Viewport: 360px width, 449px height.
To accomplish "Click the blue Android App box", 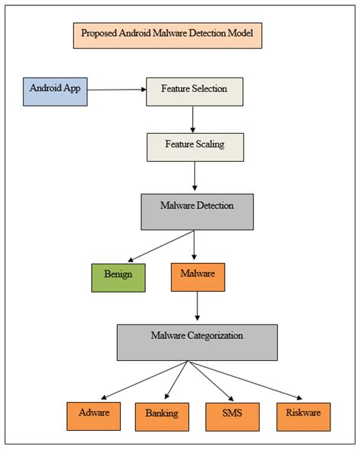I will (x=55, y=90).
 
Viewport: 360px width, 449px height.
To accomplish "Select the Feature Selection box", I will (x=194, y=91).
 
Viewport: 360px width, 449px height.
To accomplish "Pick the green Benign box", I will (x=118, y=277).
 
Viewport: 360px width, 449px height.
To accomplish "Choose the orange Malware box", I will (x=197, y=277).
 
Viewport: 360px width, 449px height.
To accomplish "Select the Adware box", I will (x=93, y=416).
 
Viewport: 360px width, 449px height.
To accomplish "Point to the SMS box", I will (x=232, y=416).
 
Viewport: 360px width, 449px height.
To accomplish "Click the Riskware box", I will (x=302, y=416).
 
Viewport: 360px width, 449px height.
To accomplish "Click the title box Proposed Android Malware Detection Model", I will (x=167, y=35).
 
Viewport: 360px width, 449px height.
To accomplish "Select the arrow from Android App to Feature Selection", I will (x=116, y=90).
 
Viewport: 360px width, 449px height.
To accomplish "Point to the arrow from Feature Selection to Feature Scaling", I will (x=194, y=118).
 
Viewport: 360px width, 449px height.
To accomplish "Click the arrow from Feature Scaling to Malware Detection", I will (x=195, y=176).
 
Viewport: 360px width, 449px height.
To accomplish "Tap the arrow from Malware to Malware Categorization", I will (x=197, y=308).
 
